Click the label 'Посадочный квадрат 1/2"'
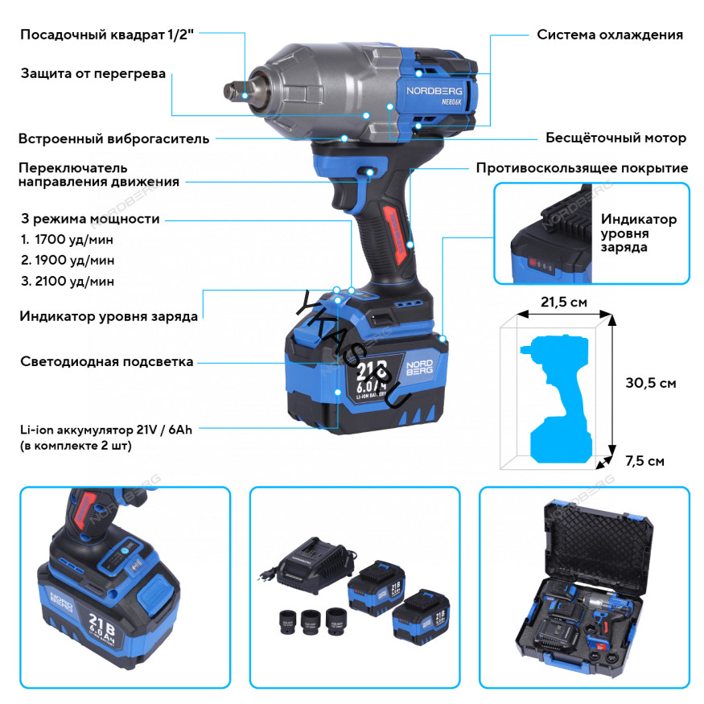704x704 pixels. (x=107, y=35)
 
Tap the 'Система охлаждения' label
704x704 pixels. (x=610, y=35)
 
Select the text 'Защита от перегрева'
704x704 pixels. (x=93, y=74)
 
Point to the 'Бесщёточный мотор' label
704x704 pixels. (x=615, y=138)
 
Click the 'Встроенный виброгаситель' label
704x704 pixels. (x=113, y=138)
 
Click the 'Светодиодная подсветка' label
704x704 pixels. (x=106, y=362)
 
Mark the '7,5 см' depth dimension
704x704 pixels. (x=644, y=461)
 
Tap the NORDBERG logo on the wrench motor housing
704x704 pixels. (x=431, y=92)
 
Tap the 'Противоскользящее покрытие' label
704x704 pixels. (x=582, y=168)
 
